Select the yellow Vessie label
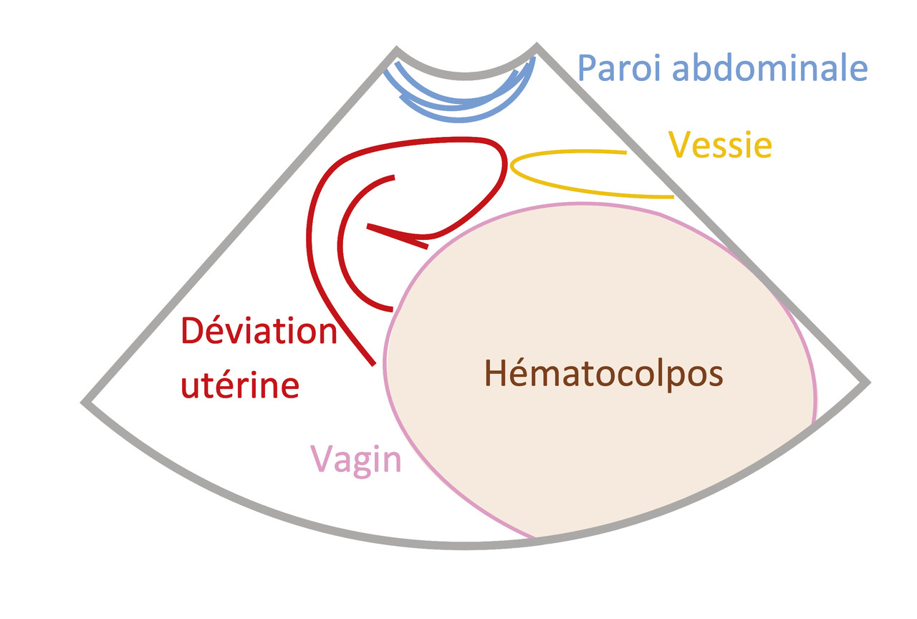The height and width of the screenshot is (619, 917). point(720,145)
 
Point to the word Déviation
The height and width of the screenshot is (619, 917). point(259,332)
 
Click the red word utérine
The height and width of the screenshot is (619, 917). point(239,385)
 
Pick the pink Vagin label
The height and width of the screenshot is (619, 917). point(355,459)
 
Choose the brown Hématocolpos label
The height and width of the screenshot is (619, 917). point(604,374)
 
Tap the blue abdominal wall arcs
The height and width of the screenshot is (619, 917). point(458,107)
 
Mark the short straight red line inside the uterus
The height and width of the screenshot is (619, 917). point(398,236)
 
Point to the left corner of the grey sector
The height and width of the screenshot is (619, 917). point(85,403)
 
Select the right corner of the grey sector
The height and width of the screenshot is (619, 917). point(868,383)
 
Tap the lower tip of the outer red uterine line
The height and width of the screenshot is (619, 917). point(373,365)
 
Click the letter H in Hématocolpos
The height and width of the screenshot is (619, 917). point(496,374)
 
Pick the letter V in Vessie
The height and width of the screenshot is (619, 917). point(680,145)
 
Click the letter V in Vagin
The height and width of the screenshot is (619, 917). point(320,459)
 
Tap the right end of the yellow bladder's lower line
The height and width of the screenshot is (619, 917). point(672,196)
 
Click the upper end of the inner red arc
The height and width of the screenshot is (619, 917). point(393,176)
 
